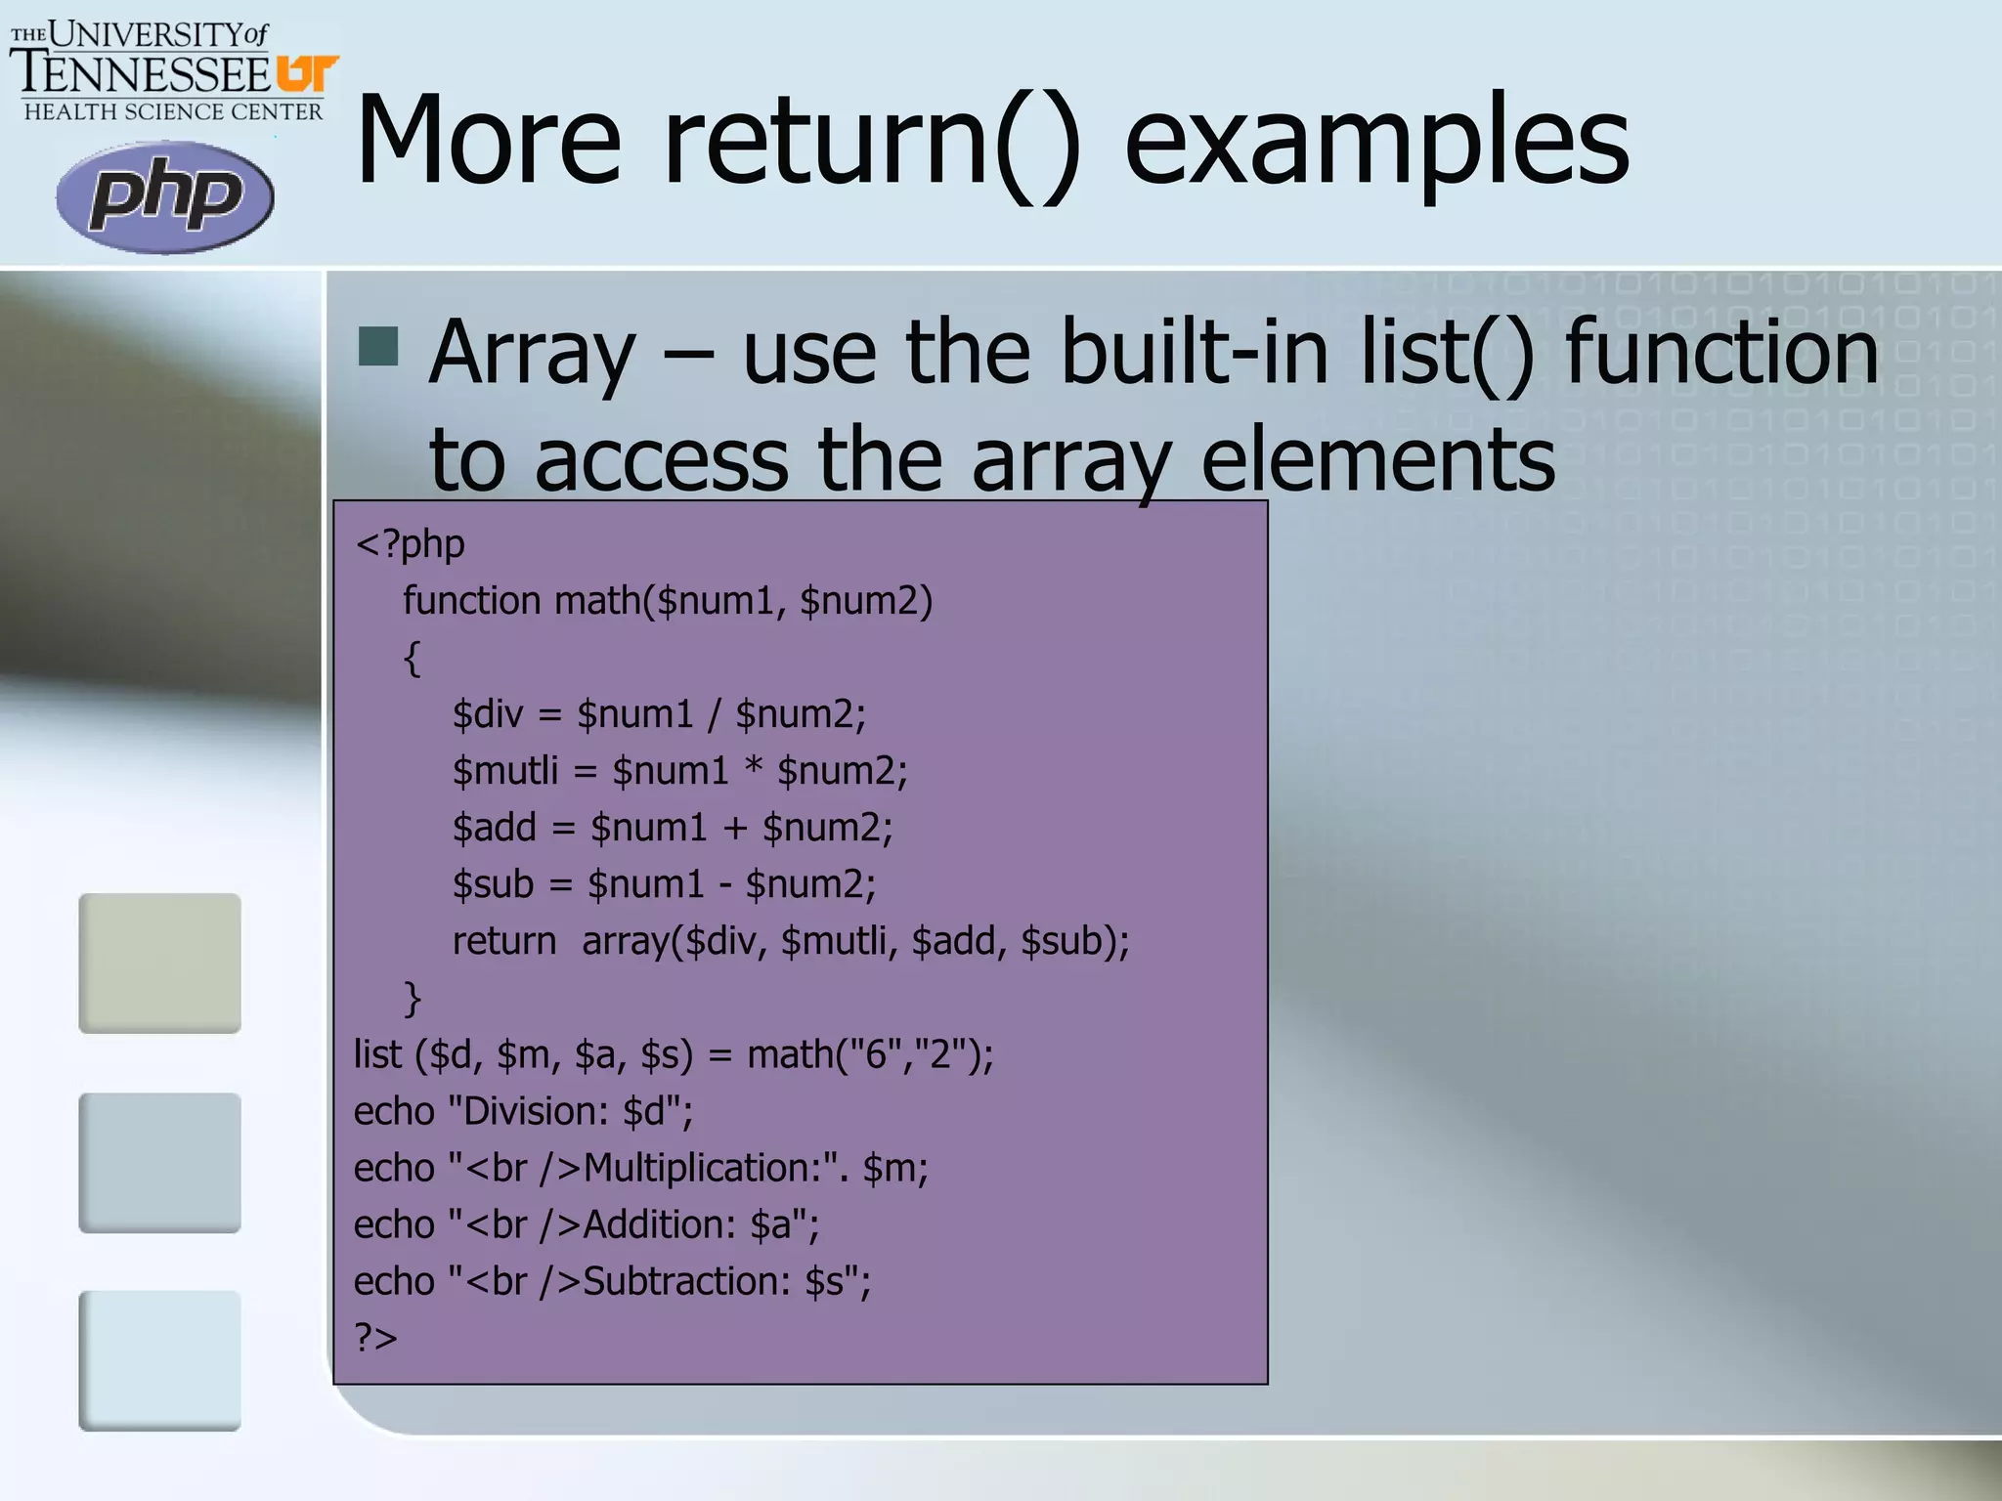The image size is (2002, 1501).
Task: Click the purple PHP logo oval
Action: (164, 196)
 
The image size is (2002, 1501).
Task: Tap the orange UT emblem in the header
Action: (307, 74)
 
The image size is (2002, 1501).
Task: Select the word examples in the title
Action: (1376, 142)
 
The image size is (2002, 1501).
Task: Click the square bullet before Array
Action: (378, 346)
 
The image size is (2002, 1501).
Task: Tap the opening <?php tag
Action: (411, 543)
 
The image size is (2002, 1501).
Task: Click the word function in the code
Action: (471, 600)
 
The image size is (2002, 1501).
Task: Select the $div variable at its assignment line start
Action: (488, 714)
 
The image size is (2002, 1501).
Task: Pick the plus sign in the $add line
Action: (735, 828)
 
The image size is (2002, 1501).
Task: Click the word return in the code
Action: (503, 941)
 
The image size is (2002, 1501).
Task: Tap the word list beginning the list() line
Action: (377, 1054)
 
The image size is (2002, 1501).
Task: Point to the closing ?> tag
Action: (375, 1337)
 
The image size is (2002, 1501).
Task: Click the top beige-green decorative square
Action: (159, 963)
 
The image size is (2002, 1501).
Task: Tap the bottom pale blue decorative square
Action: (159, 1360)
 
